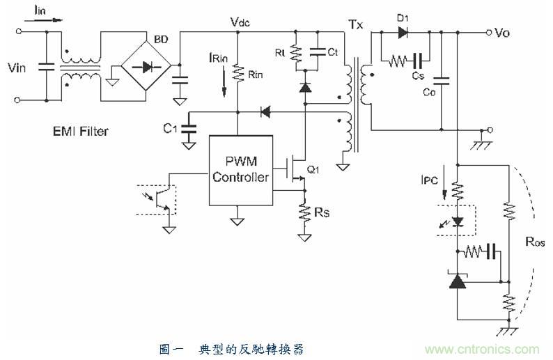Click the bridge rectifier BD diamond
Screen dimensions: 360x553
tap(147, 68)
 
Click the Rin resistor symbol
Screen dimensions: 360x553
tap(237, 72)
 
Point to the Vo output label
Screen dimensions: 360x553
tap(505, 32)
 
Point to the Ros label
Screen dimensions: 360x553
tap(535, 243)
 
